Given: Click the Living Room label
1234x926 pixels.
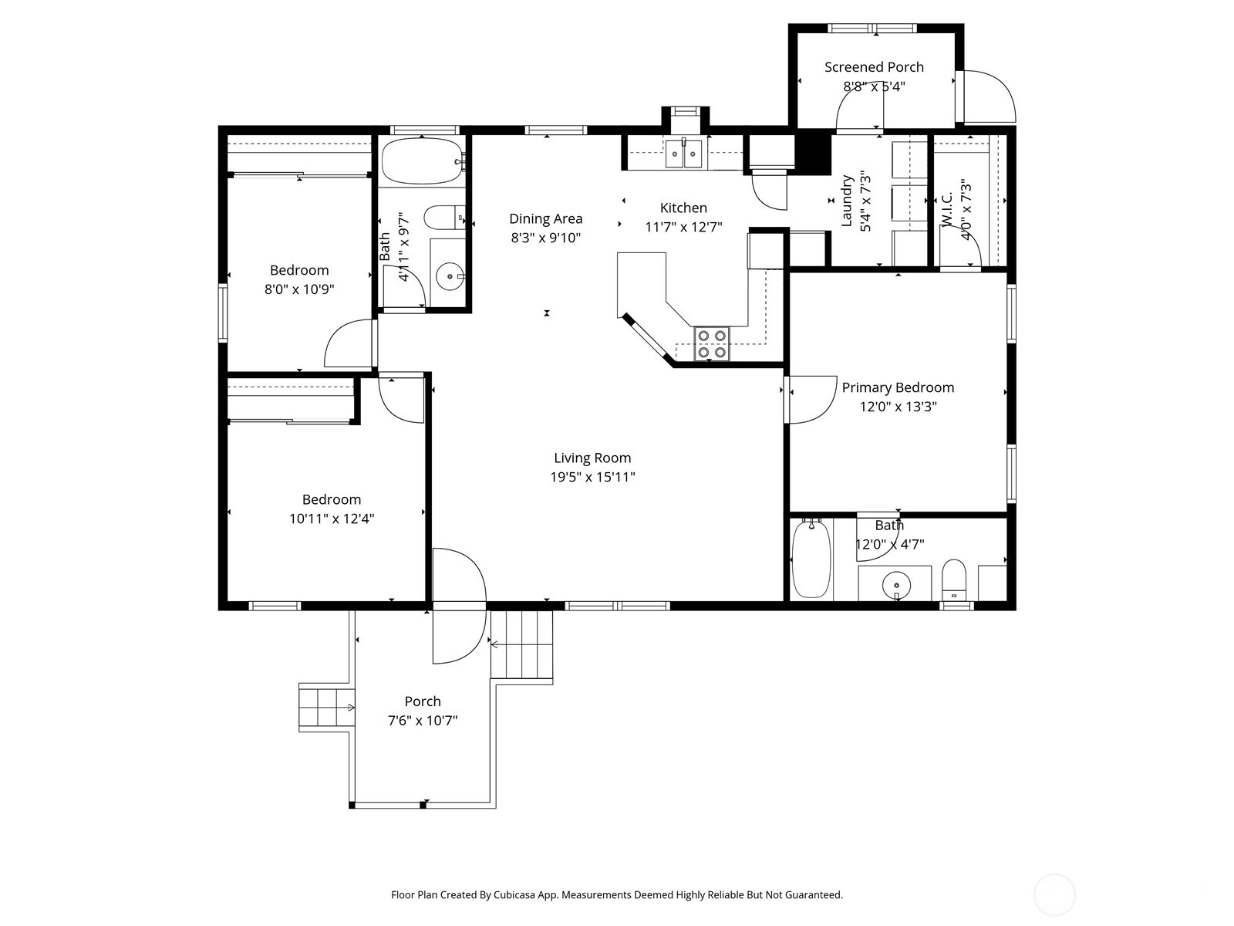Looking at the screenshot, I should tap(592, 458).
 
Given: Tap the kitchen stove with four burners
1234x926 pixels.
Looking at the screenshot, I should tap(711, 344).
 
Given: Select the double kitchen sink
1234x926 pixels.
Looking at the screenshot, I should tap(684, 154).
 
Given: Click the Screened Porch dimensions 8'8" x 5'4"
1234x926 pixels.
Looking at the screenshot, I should tap(874, 86).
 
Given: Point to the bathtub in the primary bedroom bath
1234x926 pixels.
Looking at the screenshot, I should tap(810, 559).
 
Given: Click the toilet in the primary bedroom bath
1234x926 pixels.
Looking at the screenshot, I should tap(954, 580).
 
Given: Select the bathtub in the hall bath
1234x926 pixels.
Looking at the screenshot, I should tap(422, 161).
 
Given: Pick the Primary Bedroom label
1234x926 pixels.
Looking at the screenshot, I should tap(898, 387).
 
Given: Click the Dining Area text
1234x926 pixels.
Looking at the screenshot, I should tap(545, 218).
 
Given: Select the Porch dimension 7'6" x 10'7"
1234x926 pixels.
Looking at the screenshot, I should tap(423, 721).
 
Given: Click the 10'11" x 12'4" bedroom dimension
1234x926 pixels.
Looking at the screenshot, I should tap(332, 519).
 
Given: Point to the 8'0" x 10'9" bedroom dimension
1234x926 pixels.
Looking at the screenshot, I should tap(299, 289).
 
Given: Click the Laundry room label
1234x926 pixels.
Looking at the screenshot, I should tap(847, 201).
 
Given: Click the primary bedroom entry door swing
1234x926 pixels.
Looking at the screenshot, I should tap(811, 400).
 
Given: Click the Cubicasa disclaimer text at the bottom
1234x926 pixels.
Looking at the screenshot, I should tap(616, 895).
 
